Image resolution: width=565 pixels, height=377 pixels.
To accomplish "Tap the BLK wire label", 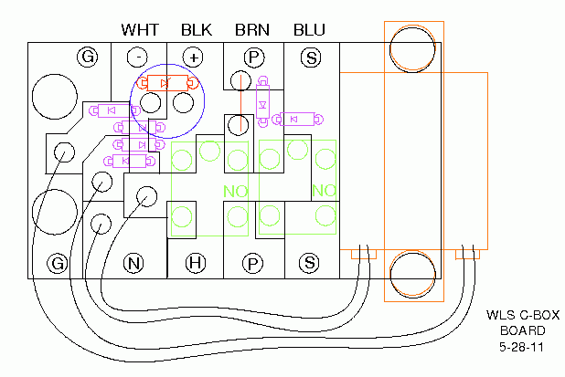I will [x=196, y=30].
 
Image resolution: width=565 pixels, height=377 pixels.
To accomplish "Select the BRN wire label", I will [x=252, y=30].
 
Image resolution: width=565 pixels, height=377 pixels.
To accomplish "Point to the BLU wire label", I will [x=309, y=30].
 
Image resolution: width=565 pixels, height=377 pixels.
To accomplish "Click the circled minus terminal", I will [x=136, y=57].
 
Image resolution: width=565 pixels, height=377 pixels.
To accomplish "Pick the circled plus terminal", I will [x=194, y=57].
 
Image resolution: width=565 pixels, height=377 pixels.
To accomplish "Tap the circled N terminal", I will [x=133, y=264].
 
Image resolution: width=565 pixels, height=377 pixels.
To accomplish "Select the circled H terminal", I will [x=194, y=264].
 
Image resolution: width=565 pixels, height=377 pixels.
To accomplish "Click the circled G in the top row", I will [x=88, y=57].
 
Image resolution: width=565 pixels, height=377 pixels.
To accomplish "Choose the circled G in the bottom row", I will [x=59, y=264].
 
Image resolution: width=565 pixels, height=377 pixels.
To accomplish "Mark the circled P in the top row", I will [x=252, y=57].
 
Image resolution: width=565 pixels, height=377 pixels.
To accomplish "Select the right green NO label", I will [x=324, y=191].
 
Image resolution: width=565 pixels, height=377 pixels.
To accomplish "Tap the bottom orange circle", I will [x=413, y=277].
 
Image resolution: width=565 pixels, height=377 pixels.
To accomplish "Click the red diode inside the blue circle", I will [x=165, y=84].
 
